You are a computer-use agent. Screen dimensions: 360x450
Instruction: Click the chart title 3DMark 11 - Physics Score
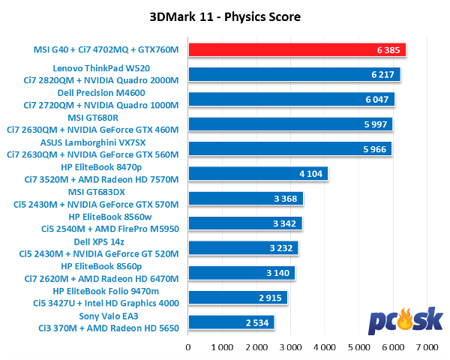(225, 16)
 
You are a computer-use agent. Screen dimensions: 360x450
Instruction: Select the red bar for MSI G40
(297, 50)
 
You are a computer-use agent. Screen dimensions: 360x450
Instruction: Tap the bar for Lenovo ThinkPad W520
(294, 75)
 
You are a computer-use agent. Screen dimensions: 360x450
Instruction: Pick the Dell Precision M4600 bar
(291, 100)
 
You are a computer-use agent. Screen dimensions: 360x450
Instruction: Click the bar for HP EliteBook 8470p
(258, 174)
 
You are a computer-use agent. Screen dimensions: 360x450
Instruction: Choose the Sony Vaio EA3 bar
(231, 322)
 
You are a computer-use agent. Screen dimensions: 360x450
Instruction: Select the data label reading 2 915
(271, 298)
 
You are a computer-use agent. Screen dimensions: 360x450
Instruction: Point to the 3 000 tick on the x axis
(291, 347)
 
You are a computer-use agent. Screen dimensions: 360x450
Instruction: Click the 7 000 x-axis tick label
(427, 347)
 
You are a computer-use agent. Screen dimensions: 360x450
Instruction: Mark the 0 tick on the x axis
(188, 347)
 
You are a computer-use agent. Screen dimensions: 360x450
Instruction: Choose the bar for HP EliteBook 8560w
(244, 223)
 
